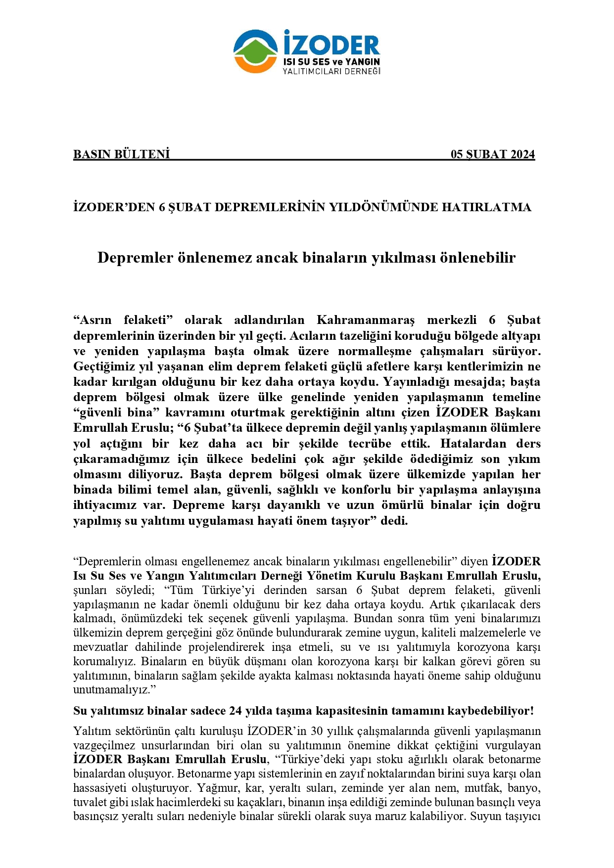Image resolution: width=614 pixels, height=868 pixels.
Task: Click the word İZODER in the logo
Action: (x=331, y=44)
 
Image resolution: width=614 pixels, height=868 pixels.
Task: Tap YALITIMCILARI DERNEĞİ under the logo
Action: (x=331, y=71)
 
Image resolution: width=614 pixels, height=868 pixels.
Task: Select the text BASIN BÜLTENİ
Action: (x=122, y=154)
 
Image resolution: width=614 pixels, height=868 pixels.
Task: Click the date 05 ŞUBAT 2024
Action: (x=492, y=154)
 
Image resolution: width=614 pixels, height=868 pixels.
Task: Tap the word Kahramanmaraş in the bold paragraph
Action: (x=365, y=320)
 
